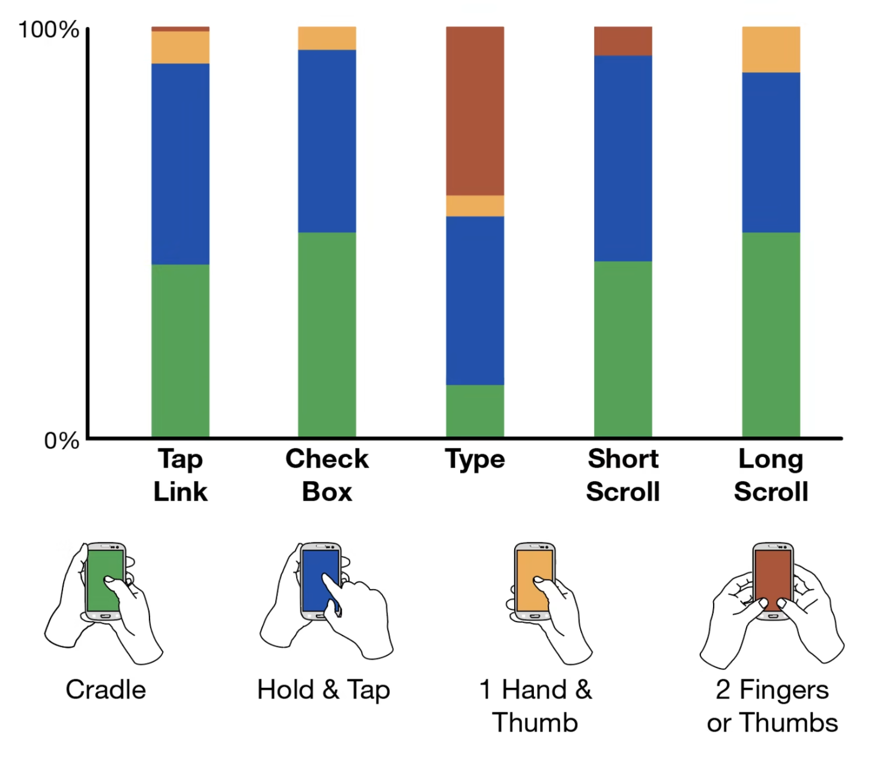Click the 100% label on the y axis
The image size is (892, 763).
click(x=49, y=30)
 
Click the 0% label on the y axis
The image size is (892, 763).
click(x=62, y=441)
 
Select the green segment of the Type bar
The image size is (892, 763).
click(x=475, y=411)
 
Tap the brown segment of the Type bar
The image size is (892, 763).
click(x=475, y=111)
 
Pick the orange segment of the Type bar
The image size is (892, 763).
click(x=475, y=206)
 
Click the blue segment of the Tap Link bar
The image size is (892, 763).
click(x=180, y=164)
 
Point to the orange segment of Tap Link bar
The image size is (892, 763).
click(x=180, y=47)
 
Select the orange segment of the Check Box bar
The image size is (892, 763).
click(x=327, y=38)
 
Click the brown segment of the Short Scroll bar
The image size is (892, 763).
click(x=623, y=41)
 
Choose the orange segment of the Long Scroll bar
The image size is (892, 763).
click(x=771, y=50)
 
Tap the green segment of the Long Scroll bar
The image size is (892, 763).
click(x=771, y=335)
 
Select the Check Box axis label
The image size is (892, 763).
click(x=327, y=475)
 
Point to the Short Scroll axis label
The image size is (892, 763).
click(x=623, y=475)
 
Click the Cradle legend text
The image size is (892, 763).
click(x=106, y=690)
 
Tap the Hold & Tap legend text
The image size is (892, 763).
click(x=324, y=690)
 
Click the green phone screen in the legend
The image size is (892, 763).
click(x=105, y=580)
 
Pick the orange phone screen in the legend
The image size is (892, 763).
click(x=535, y=580)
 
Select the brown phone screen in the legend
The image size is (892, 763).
click(x=773, y=580)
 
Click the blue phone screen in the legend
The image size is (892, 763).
click(x=320, y=580)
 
